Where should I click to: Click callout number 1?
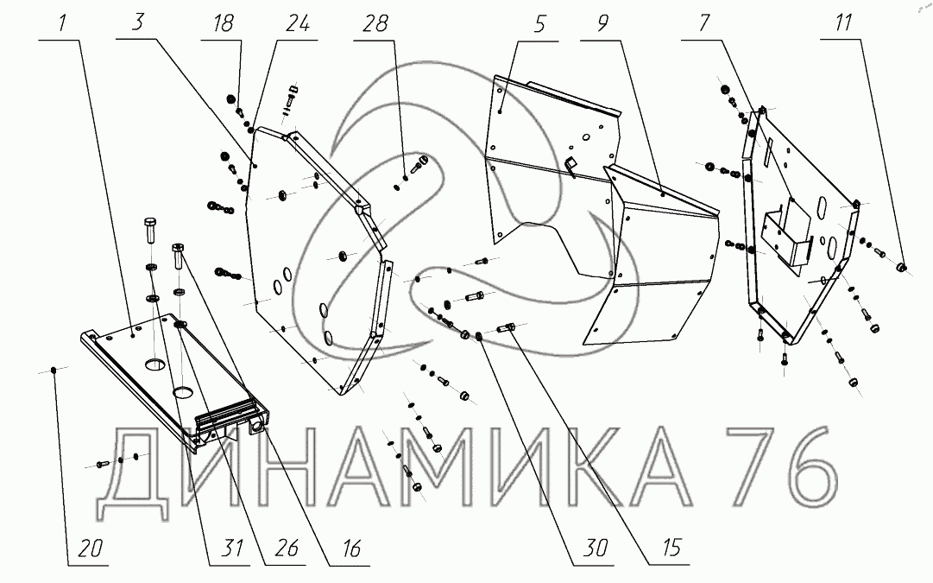point(63,23)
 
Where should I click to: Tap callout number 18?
point(224,23)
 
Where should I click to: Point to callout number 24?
point(298,23)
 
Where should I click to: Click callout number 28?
point(375,23)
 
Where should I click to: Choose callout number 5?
point(539,24)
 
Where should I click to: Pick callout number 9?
point(602,23)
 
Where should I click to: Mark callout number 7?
point(704,23)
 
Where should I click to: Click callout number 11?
point(843,23)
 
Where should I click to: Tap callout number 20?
point(90,548)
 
